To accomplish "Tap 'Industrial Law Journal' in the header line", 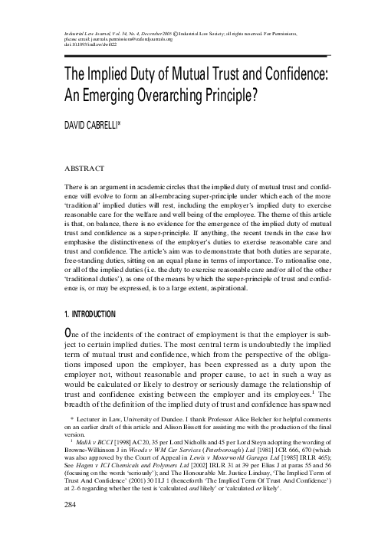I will [x=74, y=33].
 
